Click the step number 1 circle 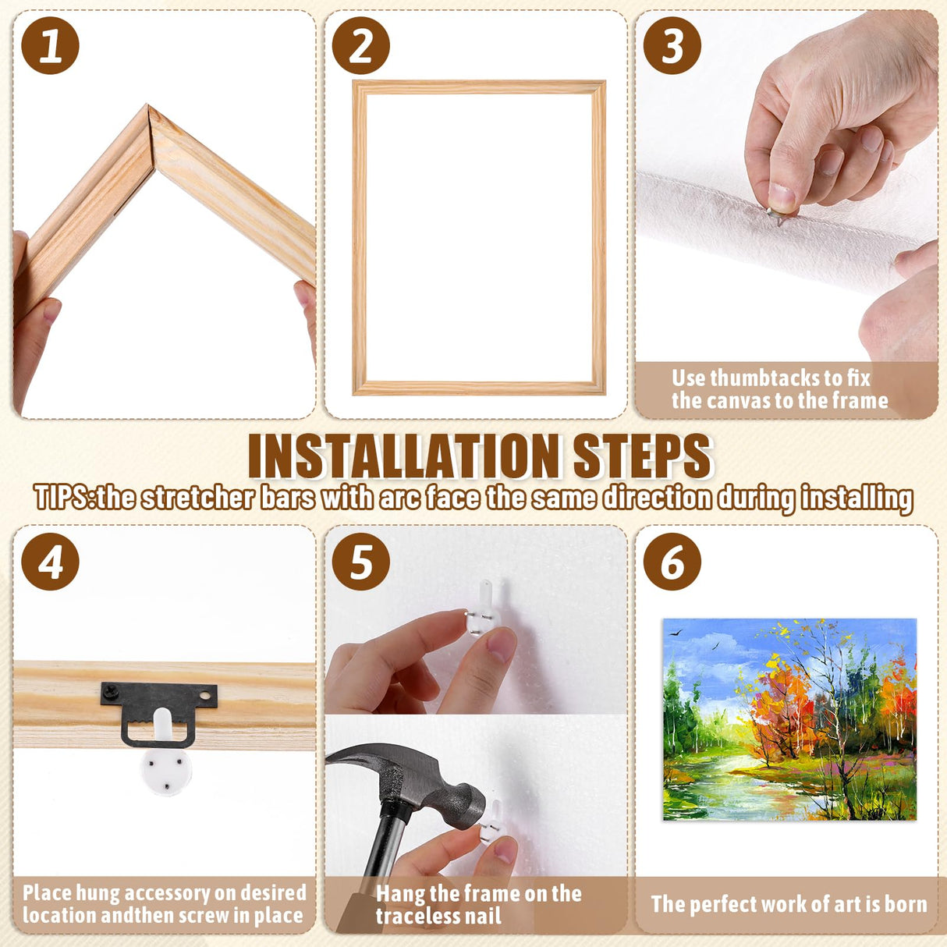[x=50, y=46]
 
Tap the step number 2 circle [x=360, y=46]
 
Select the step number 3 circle [x=672, y=46]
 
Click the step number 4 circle [x=50, y=562]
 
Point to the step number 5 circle [x=360, y=562]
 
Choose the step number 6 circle [x=672, y=562]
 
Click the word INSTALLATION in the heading [x=404, y=456]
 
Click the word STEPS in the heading [x=642, y=456]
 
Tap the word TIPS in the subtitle [x=62, y=498]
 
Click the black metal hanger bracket [x=159, y=706]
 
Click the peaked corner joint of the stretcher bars [x=148, y=117]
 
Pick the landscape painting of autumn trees [x=789, y=719]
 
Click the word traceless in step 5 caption [x=425, y=917]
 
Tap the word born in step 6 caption [x=906, y=904]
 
